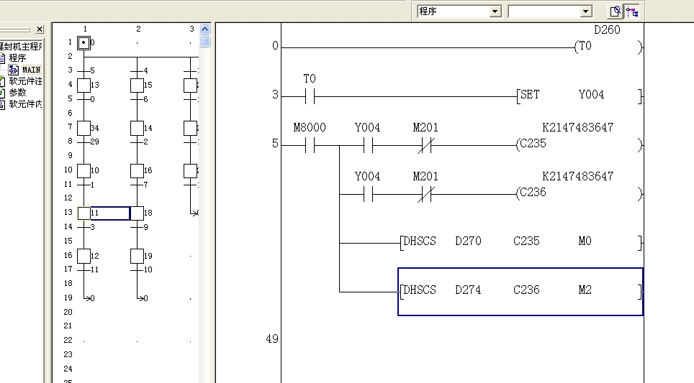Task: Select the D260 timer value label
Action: [x=607, y=30]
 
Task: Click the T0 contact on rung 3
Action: [x=310, y=96]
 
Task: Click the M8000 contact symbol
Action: [x=310, y=144]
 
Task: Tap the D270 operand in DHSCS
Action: [x=468, y=241]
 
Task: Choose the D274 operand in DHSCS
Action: [x=468, y=290]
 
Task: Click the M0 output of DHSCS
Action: [x=585, y=241]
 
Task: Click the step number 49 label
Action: [x=271, y=338]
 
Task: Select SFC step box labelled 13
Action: [x=84, y=85]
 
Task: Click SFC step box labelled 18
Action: [x=137, y=213]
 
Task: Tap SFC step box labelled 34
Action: [x=84, y=128]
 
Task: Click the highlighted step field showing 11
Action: [x=109, y=213]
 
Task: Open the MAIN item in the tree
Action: [x=31, y=70]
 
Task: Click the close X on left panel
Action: [x=39, y=29]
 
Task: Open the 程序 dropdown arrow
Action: [x=495, y=11]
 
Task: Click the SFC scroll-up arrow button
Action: [x=204, y=29]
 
